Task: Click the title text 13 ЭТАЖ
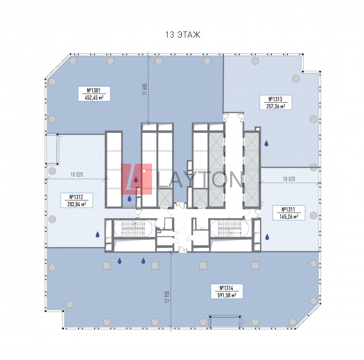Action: pyautogui.click(x=183, y=35)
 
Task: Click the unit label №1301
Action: pyautogui.click(x=93, y=91)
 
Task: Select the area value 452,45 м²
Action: pyautogui.click(x=94, y=97)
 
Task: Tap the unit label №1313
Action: pyautogui.click(x=275, y=99)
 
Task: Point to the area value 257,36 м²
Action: pyautogui.click(x=276, y=106)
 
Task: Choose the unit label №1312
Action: pyautogui.click(x=76, y=197)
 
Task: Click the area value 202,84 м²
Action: pyautogui.click(x=76, y=204)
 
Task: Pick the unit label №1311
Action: pyautogui.click(x=288, y=209)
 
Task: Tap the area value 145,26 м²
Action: pyautogui.click(x=289, y=217)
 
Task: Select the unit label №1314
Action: pyautogui.click(x=226, y=288)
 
